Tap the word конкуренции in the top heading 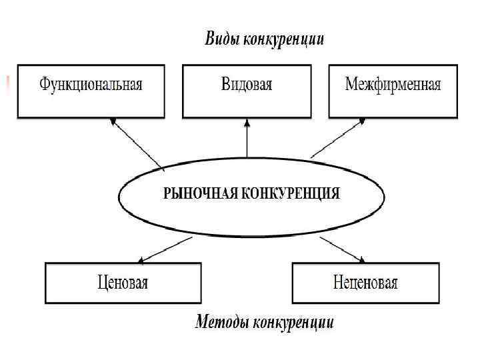click(284, 39)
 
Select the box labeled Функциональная click(91, 91)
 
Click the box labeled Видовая click(247, 91)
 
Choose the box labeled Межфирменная click(393, 91)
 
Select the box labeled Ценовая click(123, 283)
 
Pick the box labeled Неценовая click(365, 283)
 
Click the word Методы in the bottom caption click(221, 323)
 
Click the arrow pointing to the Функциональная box click(138, 143)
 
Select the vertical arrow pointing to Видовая click(247, 140)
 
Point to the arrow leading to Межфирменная click(337, 139)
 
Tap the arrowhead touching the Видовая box click(247, 121)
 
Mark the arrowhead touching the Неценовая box click(361, 259)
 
